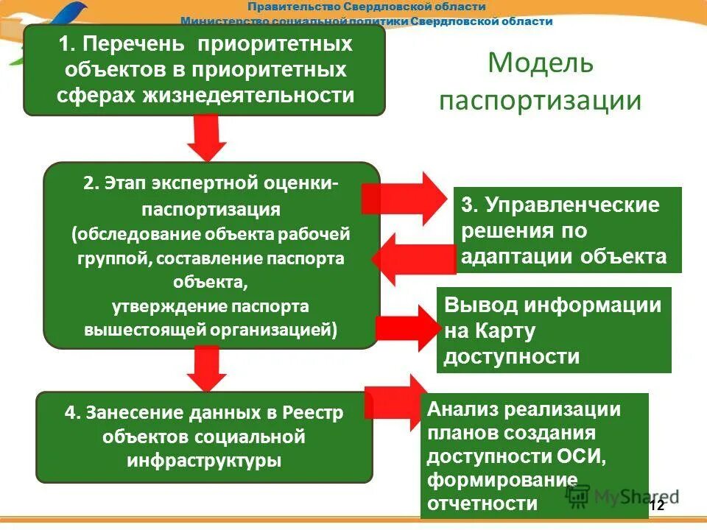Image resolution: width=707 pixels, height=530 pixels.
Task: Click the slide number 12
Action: point(657,505)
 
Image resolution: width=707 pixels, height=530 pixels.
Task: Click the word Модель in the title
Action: point(540,63)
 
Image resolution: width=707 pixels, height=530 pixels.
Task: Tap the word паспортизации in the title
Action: point(540,100)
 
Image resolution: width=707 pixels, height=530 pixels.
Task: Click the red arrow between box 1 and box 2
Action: point(208,138)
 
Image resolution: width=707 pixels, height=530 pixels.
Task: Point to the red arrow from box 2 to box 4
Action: point(207,368)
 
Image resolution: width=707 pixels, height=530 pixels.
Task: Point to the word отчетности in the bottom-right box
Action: point(482,504)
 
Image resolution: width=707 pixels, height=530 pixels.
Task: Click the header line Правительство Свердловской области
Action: point(366,7)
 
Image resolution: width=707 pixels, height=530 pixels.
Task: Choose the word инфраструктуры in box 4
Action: point(204,462)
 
